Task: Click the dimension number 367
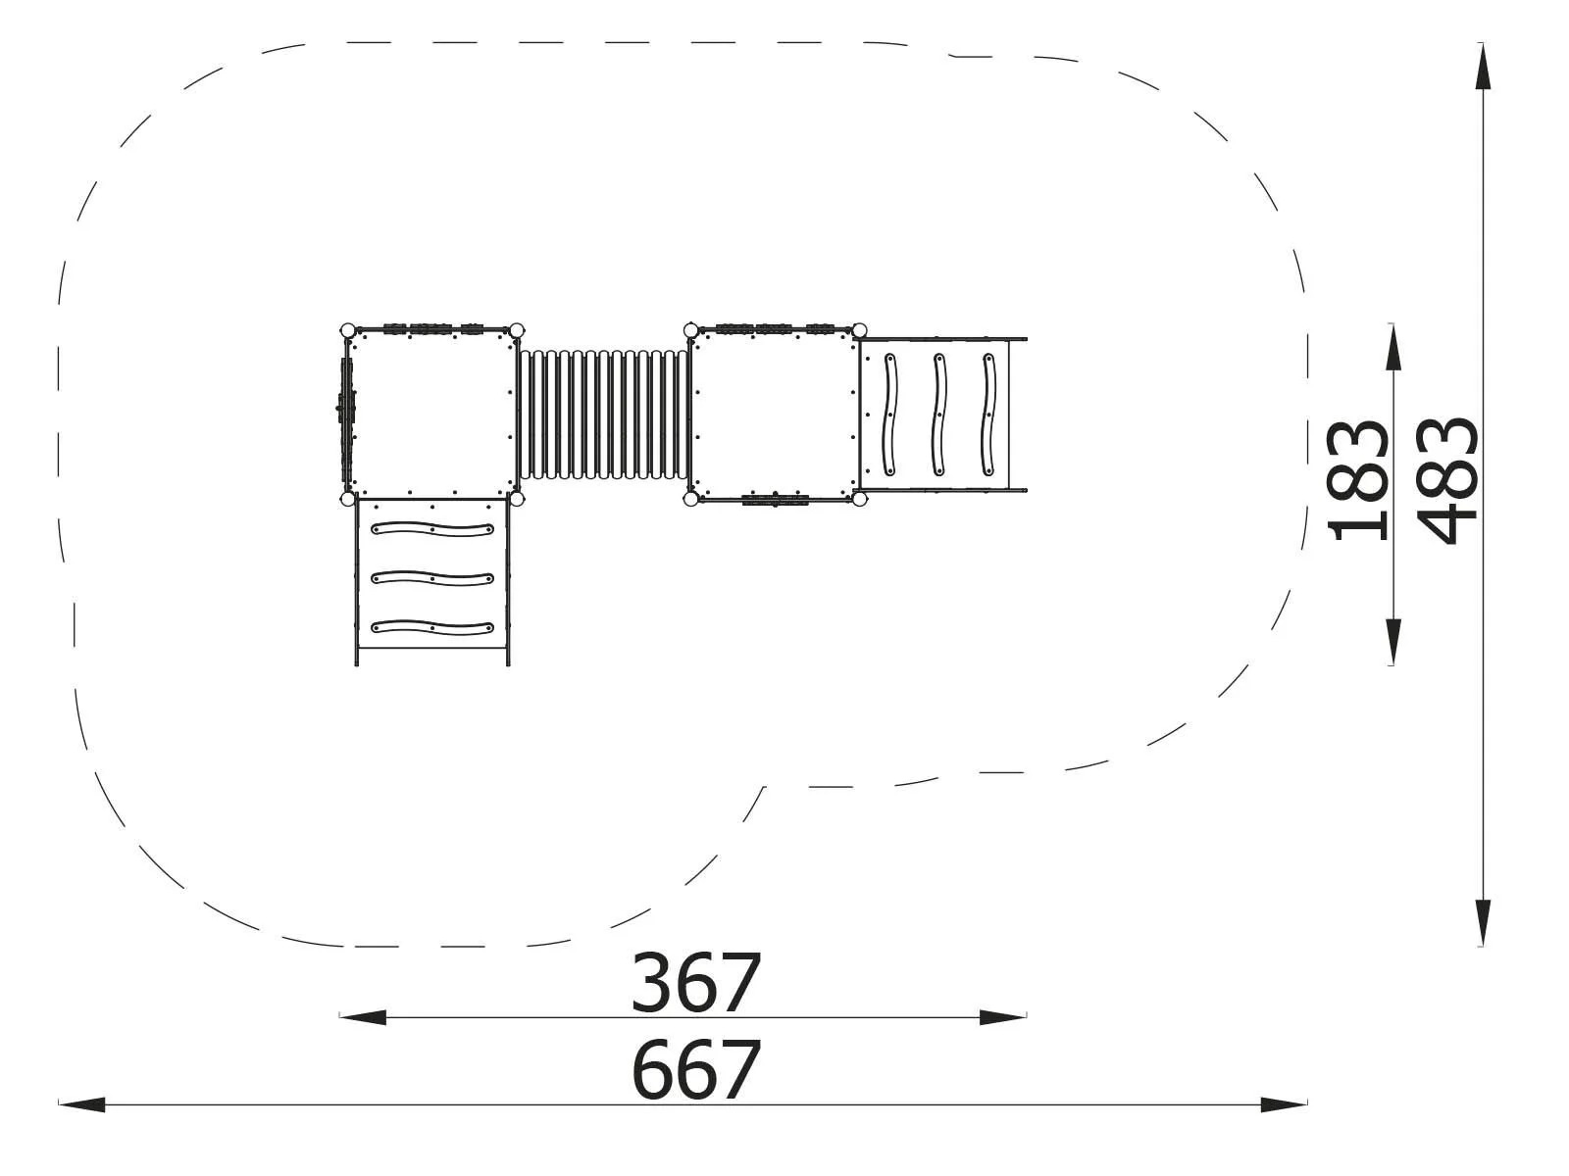(695, 983)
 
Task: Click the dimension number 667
(695, 1070)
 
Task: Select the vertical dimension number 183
(1358, 480)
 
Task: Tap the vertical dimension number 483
(1448, 480)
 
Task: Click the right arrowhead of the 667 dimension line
(1284, 1104)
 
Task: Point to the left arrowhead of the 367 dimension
(363, 1017)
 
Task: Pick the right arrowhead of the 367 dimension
(1002, 1017)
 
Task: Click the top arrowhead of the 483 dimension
(1485, 67)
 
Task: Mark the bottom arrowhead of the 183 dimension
(1393, 642)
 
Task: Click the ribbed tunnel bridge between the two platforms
(603, 415)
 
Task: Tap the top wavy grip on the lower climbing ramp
(432, 530)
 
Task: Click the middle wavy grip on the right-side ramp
(939, 414)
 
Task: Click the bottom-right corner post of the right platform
(860, 499)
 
